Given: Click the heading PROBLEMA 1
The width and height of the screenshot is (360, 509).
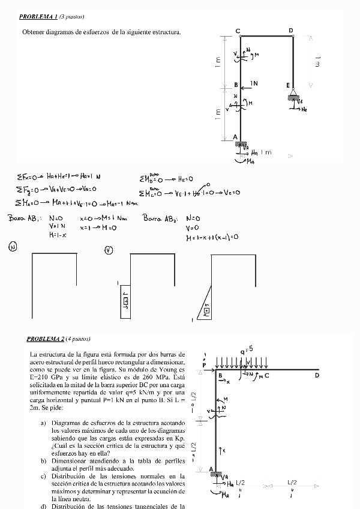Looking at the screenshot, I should pos(39,16).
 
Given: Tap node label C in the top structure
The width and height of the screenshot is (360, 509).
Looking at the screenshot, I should pos(238,31).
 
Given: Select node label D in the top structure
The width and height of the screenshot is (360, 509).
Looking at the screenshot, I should pos(292,30).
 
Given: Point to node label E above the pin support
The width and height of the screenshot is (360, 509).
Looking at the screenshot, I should pos(288,85).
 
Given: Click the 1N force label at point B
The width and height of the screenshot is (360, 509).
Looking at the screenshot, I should pos(254,83).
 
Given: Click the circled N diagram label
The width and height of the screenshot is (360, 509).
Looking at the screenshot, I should pos(13,247).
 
